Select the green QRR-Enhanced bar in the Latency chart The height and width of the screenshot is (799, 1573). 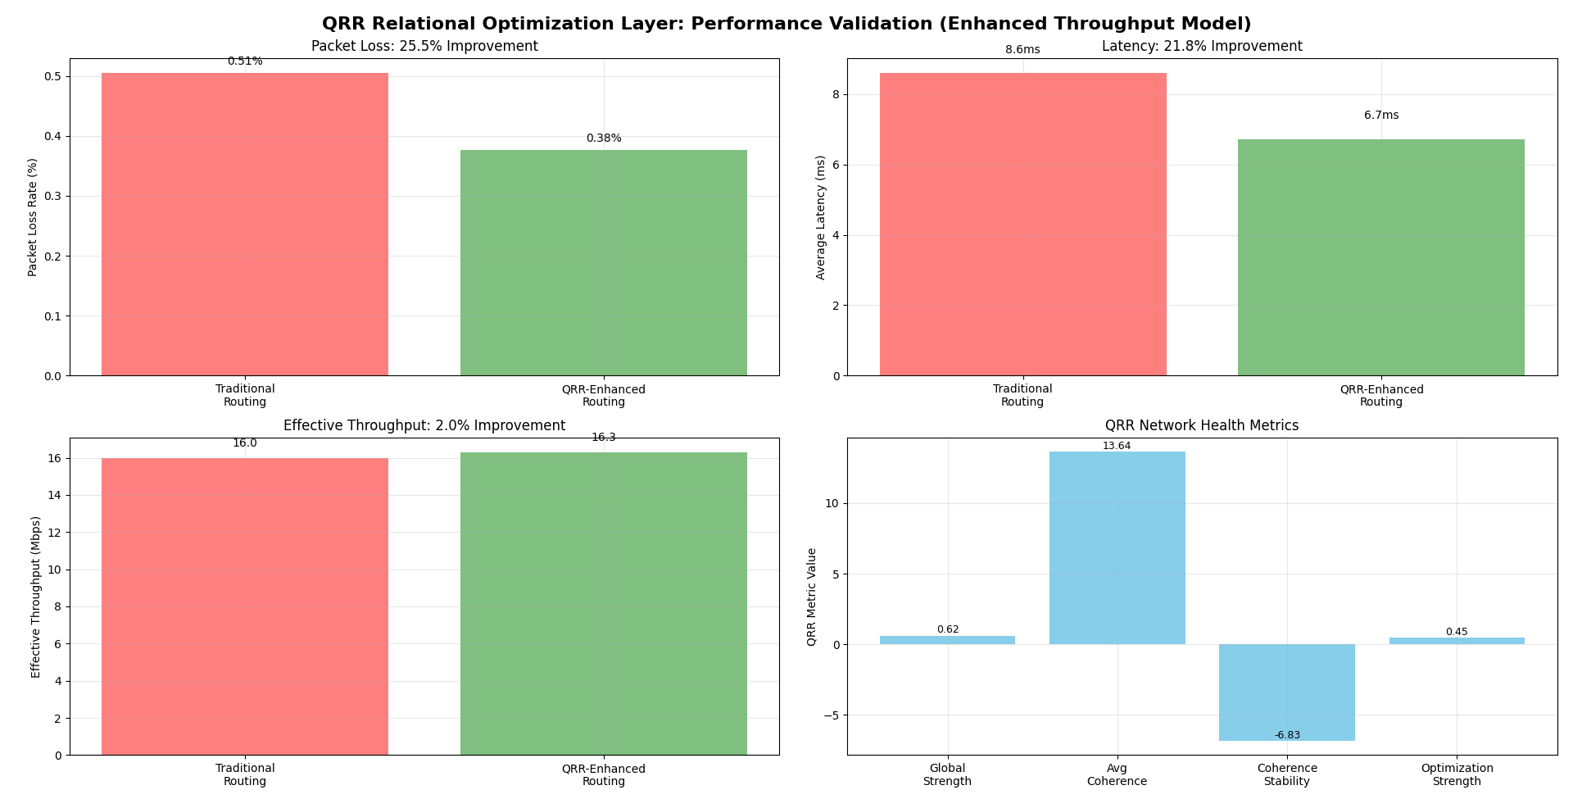pos(1380,257)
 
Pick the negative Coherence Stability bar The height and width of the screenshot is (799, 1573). pos(1286,692)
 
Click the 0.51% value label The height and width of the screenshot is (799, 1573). pos(245,61)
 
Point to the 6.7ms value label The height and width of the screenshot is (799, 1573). pos(1381,116)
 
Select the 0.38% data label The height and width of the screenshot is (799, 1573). pos(604,138)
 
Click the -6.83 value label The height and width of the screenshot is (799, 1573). pos(1287,735)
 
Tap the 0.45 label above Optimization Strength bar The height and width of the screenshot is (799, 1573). pos(1457,632)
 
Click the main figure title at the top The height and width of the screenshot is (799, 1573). pos(786,24)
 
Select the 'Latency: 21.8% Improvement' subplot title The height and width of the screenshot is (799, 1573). pos(1202,47)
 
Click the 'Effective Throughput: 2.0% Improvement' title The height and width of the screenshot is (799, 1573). pos(424,426)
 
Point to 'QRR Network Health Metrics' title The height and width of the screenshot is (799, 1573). pos(1202,426)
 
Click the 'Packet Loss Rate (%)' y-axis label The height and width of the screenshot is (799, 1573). pos(33,217)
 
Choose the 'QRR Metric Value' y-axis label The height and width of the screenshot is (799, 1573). pos(812,597)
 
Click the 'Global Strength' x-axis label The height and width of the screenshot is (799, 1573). pos(947,774)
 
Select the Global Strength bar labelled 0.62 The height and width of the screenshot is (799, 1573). pos(947,640)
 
